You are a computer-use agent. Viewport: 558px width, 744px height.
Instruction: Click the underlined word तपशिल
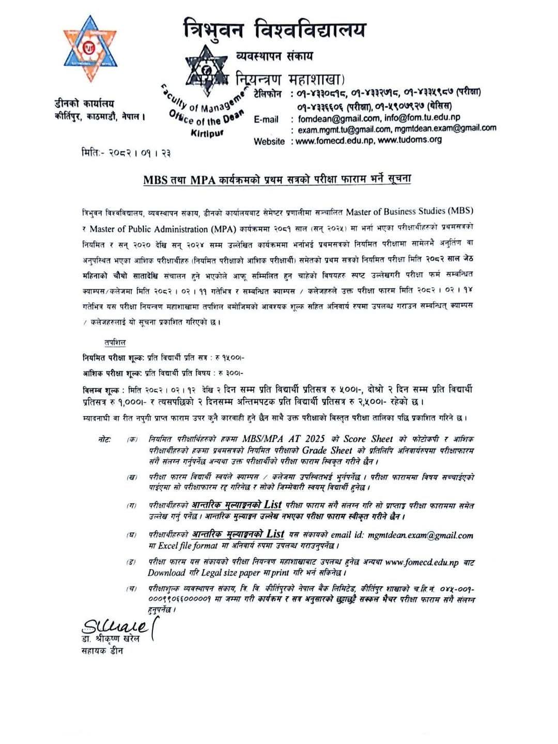[x=114, y=343]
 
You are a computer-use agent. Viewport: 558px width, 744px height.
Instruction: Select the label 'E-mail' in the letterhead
[x=267, y=120]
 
